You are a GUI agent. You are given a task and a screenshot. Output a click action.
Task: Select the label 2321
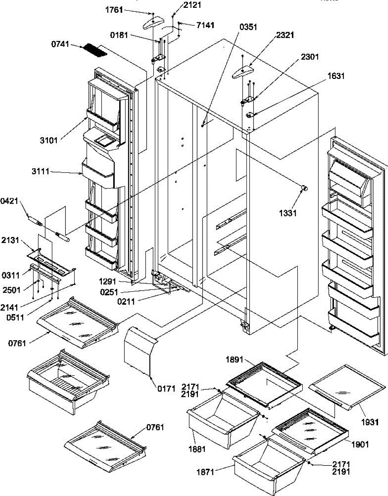(x=283, y=36)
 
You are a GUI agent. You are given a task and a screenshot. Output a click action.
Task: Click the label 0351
(x=248, y=27)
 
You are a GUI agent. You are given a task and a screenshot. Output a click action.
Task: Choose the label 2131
(x=10, y=240)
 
